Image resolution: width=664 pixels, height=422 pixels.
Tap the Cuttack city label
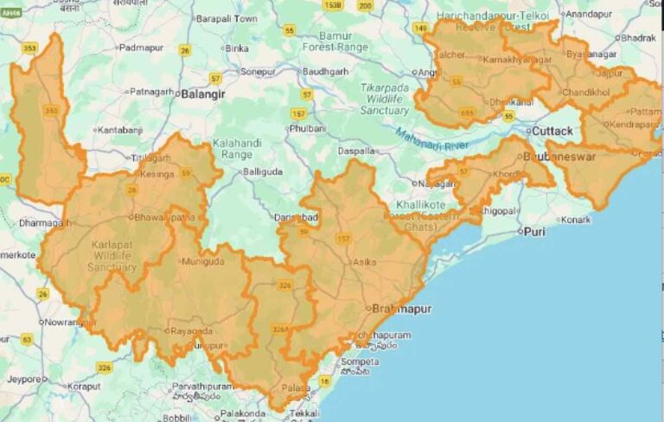click(552, 131)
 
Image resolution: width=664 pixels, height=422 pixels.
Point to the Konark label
click(575, 220)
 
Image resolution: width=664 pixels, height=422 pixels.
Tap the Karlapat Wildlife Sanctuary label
click(112, 256)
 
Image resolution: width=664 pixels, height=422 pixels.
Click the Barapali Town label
click(227, 18)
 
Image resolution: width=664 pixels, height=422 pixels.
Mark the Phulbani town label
click(309, 128)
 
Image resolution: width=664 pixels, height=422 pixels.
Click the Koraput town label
click(84, 387)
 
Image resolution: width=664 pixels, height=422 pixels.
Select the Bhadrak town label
click(638, 38)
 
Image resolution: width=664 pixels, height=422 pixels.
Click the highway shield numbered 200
click(365, 6)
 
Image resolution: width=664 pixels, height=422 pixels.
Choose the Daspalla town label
click(356, 150)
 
